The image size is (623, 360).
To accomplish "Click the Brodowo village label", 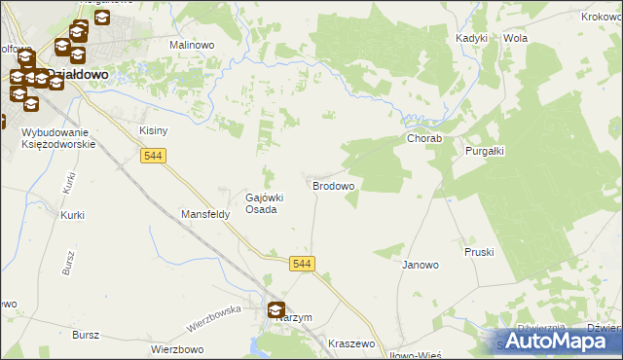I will [x=332, y=185].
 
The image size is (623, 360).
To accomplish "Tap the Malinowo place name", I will [x=192, y=45].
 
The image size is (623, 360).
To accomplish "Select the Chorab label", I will [x=424, y=139].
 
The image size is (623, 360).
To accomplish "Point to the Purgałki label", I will [x=491, y=151].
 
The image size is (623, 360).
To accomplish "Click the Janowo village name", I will [x=421, y=264].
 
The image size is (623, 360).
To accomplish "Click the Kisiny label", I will [x=154, y=130].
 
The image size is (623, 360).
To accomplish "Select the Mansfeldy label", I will [x=205, y=214].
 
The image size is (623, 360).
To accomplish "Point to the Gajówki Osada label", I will [x=264, y=202].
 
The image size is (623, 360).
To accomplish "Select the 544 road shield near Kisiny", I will [x=153, y=156].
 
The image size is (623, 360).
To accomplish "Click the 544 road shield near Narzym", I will [x=302, y=264].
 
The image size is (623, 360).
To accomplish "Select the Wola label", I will [x=515, y=38].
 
